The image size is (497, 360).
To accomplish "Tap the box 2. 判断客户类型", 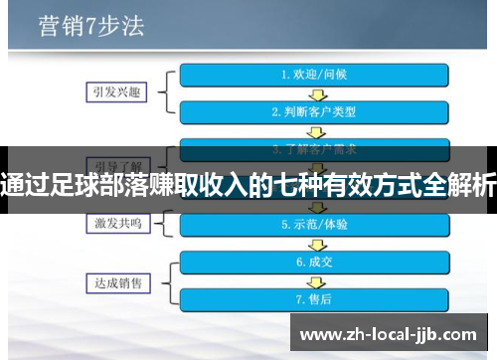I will pyautogui.click(x=315, y=111).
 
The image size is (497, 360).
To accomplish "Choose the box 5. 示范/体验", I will pyautogui.click(x=315, y=225).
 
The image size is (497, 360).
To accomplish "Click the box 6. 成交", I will pyautogui.click(x=315, y=262).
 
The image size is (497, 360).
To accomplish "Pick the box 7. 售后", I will pyautogui.click(x=315, y=298).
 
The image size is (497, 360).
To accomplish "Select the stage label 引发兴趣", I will pyautogui.click(x=112, y=91).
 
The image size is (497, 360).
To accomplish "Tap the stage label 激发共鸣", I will pyautogui.click(x=112, y=224).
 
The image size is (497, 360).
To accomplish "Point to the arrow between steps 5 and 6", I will pyautogui.click(x=315, y=244).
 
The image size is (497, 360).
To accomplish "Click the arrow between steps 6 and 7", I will pyautogui.click(x=315, y=280).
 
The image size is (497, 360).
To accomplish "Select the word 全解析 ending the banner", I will pyautogui.click(x=457, y=181).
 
